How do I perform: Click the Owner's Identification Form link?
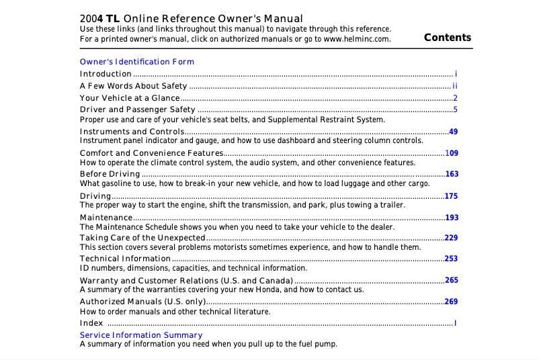tap(137, 62)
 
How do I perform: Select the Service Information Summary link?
tap(141, 334)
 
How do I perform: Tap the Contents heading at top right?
tap(448, 38)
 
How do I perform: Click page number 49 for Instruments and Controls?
tap(453, 132)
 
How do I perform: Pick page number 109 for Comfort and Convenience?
tap(452, 153)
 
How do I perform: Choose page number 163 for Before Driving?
tap(452, 174)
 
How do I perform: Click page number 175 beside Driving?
tap(452, 196)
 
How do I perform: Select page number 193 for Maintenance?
tap(452, 218)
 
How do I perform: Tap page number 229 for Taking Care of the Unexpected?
tap(452, 238)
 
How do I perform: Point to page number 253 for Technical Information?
tap(452, 259)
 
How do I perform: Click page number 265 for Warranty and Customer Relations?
tap(452, 280)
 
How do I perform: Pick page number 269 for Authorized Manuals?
tap(452, 302)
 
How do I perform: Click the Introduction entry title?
tap(106, 74)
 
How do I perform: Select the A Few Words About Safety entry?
tap(133, 86)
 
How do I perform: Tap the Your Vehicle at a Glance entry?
tap(130, 98)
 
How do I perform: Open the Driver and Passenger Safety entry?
tap(138, 109)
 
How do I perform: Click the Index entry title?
tap(91, 323)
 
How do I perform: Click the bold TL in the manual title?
tap(113, 19)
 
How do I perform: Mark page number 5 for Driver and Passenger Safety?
tap(455, 109)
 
